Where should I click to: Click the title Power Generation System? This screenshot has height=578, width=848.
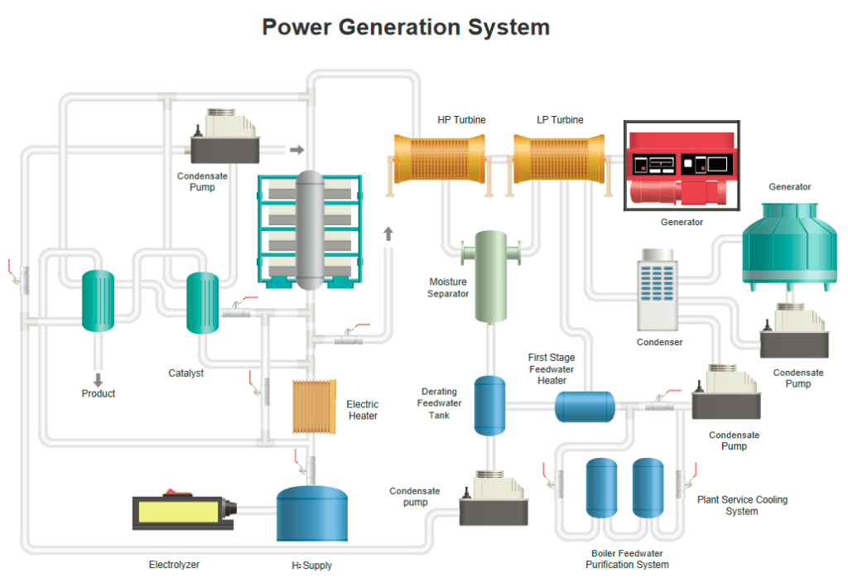click(x=406, y=27)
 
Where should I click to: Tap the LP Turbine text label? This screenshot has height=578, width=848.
click(x=560, y=120)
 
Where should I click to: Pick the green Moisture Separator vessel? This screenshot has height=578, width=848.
click(x=490, y=276)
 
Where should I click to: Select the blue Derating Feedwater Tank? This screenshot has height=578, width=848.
click(x=489, y=405)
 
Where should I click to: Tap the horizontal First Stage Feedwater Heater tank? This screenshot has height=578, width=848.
click(x=584, y=406)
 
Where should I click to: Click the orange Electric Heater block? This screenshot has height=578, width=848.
click(x=314, y=406)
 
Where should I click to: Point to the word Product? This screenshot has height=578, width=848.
click(x=99, y=393)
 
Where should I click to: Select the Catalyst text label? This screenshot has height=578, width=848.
click(x=186, y=373)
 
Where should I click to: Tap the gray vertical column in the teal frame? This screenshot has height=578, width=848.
click(x=309, y=229)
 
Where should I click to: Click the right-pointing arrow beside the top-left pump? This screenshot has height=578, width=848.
click(x=296, y=150)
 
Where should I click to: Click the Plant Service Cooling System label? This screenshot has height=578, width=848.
click(x=742, y=505)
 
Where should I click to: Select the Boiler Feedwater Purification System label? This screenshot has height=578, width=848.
click(x=627, y=559)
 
